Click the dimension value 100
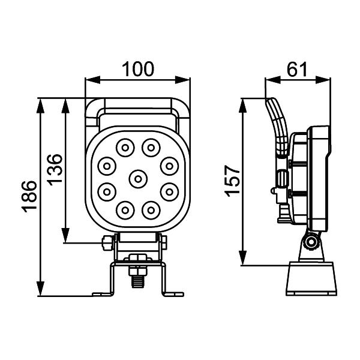[x=137, y=69]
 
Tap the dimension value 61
[x=297, y=69]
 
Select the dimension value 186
[x=29, y=197]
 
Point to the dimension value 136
[x=55, y=169]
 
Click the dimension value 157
[x=232, y=181]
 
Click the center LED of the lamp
[x=138, y=179]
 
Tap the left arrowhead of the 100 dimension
[x=93, y=80]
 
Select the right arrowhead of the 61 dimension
[x=323, y=80]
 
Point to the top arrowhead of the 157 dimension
[x=242, y=106]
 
